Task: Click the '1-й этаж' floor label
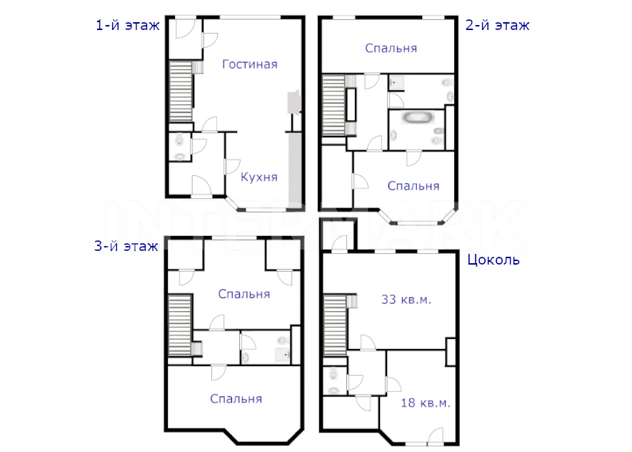127,26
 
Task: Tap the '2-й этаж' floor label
497,26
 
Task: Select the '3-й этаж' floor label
126,246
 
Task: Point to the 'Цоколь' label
493,260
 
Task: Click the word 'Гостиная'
249,64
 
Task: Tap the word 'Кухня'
259,177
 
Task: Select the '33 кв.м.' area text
406,300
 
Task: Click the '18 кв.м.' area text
425,403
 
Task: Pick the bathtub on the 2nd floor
418,118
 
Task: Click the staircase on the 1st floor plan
180,92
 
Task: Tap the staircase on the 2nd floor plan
333,105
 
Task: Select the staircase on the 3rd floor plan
179,325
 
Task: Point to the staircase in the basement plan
335,325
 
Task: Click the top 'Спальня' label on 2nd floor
391,49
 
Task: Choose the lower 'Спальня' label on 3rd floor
236,399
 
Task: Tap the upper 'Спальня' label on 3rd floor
244,294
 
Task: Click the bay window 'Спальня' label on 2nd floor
413,186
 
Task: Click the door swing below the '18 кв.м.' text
436,435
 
